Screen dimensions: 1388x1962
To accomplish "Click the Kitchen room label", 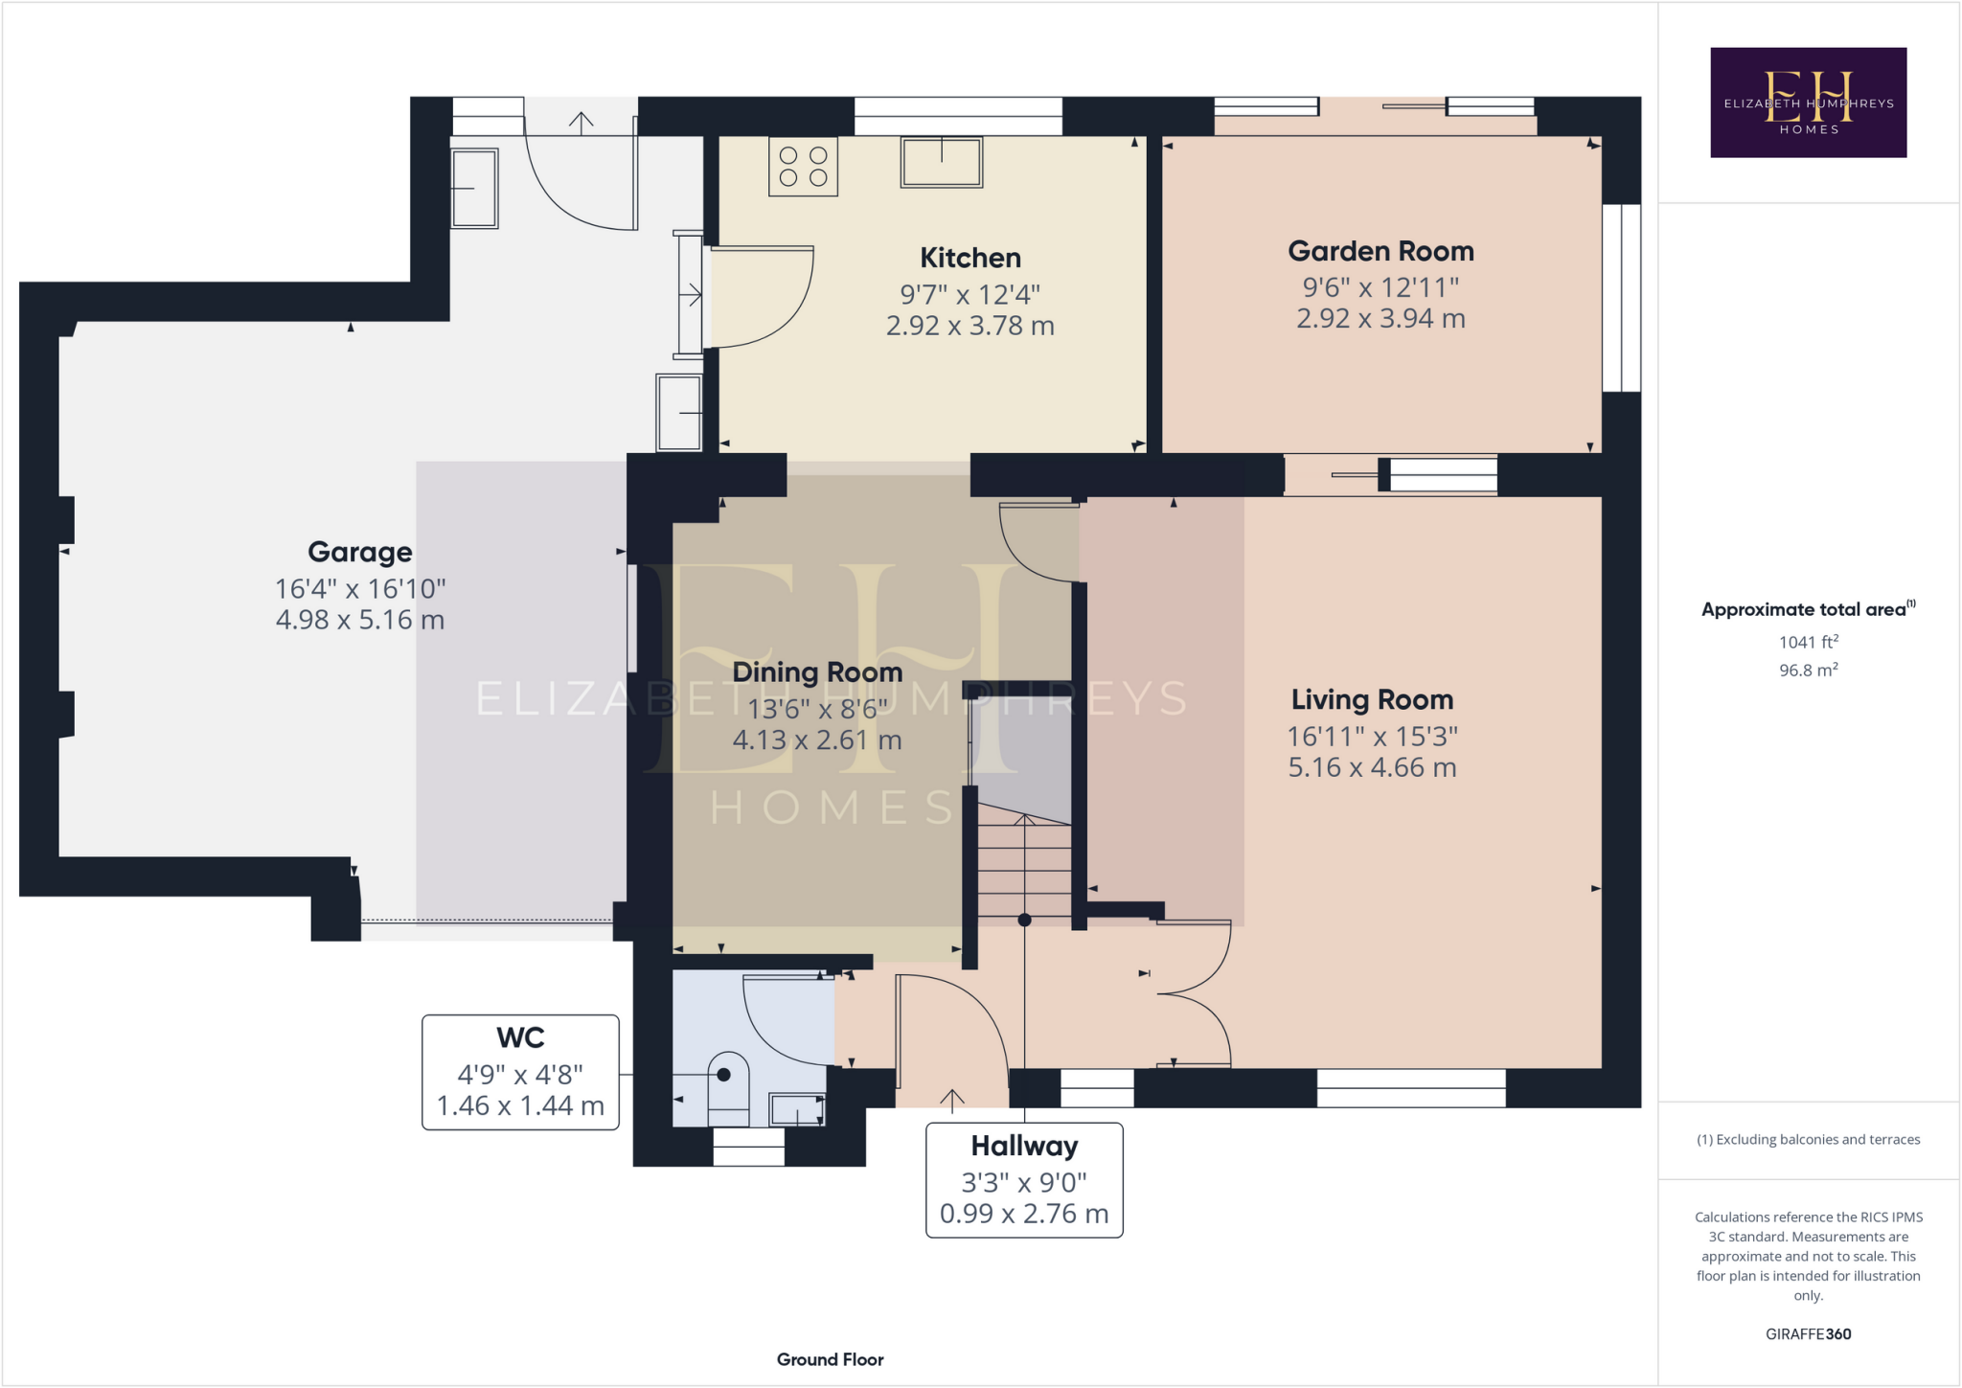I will pos(970,258).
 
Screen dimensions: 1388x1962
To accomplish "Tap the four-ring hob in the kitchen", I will pos(803,167).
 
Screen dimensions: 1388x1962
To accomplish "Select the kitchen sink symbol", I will pos(941,162).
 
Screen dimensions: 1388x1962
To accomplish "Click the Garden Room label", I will pos(1380,251).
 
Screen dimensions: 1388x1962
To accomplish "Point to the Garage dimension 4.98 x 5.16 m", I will pos(359,620).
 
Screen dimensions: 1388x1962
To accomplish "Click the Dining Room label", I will pos(816,672).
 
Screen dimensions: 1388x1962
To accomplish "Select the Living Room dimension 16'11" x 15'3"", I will pos(1371,736).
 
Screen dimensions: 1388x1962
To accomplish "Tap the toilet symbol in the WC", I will pos(727,1090).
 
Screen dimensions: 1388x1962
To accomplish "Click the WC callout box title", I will pos(520,1037).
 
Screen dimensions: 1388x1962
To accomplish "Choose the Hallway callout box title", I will pos(1023,1146).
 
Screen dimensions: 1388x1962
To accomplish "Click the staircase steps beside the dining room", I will pos(1024,867).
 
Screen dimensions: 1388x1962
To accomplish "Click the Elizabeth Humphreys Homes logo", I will pos(1808,102).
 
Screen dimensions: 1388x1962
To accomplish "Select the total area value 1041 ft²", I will pos(1808,642).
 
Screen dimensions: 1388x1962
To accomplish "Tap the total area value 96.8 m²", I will pos(1808,671).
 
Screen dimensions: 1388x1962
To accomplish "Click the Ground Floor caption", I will pos(830,1359).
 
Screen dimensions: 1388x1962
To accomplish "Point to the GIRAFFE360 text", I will pos(1808,1333).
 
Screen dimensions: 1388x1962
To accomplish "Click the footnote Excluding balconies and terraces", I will pos(1808,1139).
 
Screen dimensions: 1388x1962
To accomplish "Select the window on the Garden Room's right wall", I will pos(1621,297).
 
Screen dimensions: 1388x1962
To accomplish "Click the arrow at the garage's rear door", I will pos(581,121).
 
